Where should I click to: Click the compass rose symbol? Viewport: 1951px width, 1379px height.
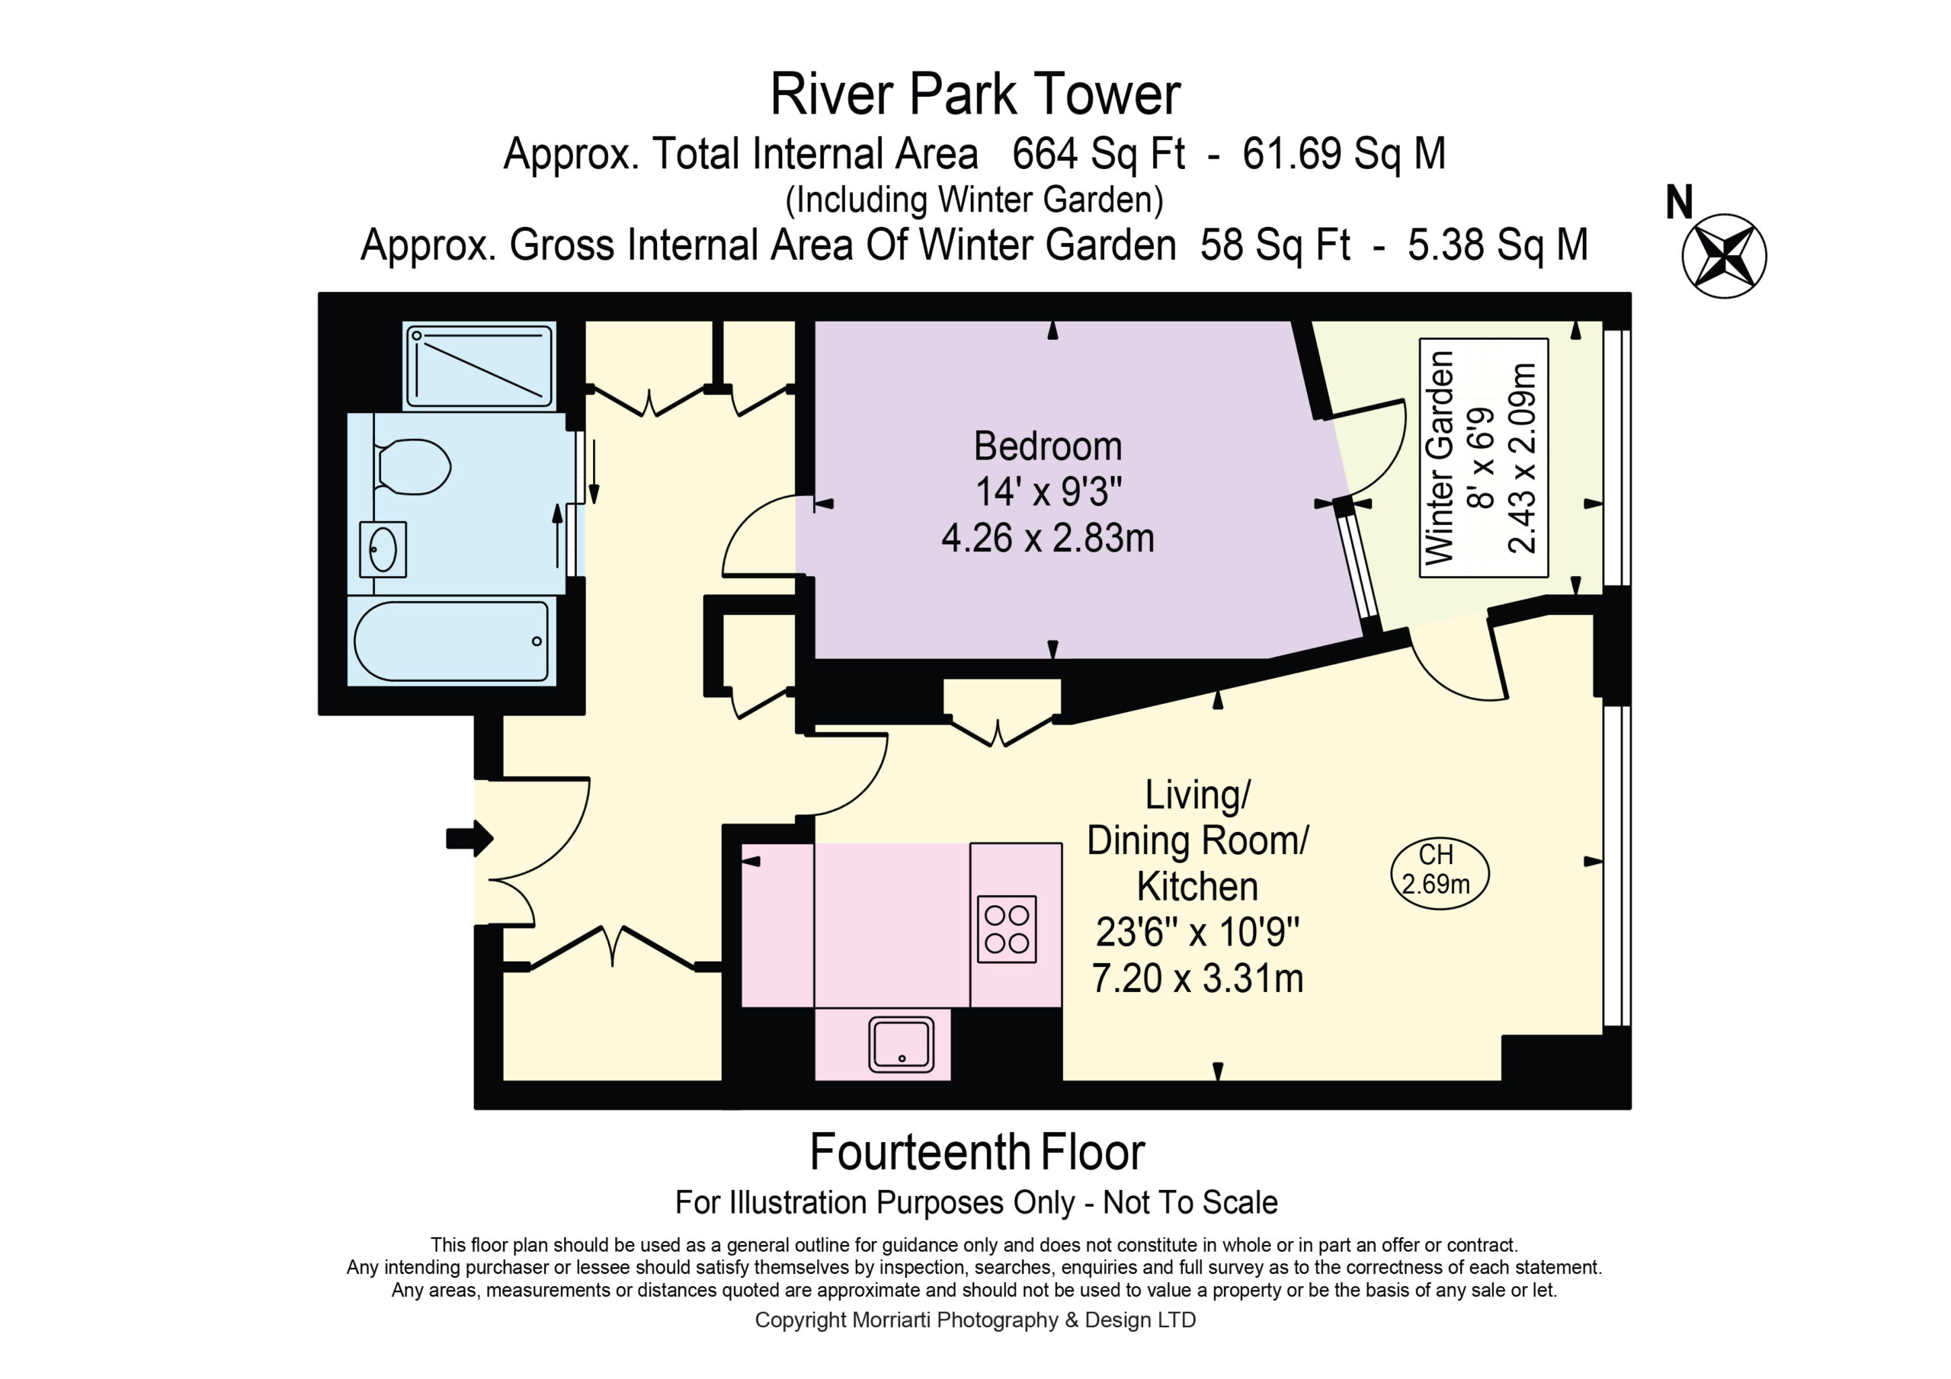pos(1724,256)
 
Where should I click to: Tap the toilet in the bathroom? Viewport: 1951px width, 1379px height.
pos(413,466)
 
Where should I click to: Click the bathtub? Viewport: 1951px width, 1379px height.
pos(451,642)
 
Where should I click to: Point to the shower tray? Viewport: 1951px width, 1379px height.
pos(480,366)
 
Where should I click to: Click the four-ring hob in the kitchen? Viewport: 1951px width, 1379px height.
pos(1007,929)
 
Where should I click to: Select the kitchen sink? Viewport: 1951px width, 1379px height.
pos(901,1045)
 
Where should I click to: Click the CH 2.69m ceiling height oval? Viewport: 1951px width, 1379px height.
pos(1440,873)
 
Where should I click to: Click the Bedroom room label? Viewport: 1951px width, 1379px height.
pos(1048,446)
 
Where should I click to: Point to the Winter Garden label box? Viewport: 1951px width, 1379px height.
pos(1484,458)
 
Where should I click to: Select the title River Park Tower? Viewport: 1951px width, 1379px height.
pos(975,94)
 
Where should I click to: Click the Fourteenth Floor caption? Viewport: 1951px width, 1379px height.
pos(977,1152)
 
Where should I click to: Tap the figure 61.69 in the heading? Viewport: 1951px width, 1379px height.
pos(1292,154)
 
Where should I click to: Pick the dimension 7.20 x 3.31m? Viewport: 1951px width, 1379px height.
pos(1197,978)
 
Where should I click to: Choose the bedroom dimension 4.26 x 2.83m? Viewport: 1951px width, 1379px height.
pos(1048,538)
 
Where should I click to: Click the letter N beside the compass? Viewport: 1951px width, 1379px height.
pos(1678,203)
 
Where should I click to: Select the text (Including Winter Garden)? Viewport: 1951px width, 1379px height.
pos(974,200)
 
